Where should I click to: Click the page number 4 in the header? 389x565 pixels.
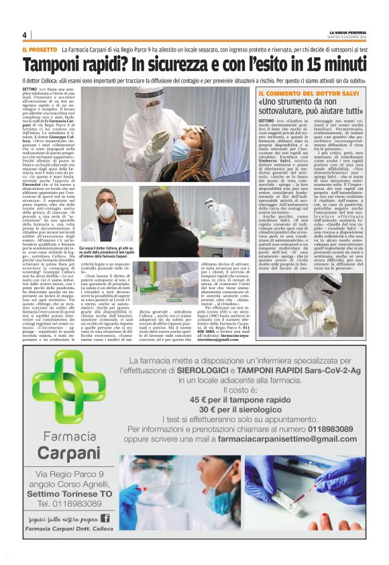coord(24,35)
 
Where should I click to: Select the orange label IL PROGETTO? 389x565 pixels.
coord(39,50)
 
